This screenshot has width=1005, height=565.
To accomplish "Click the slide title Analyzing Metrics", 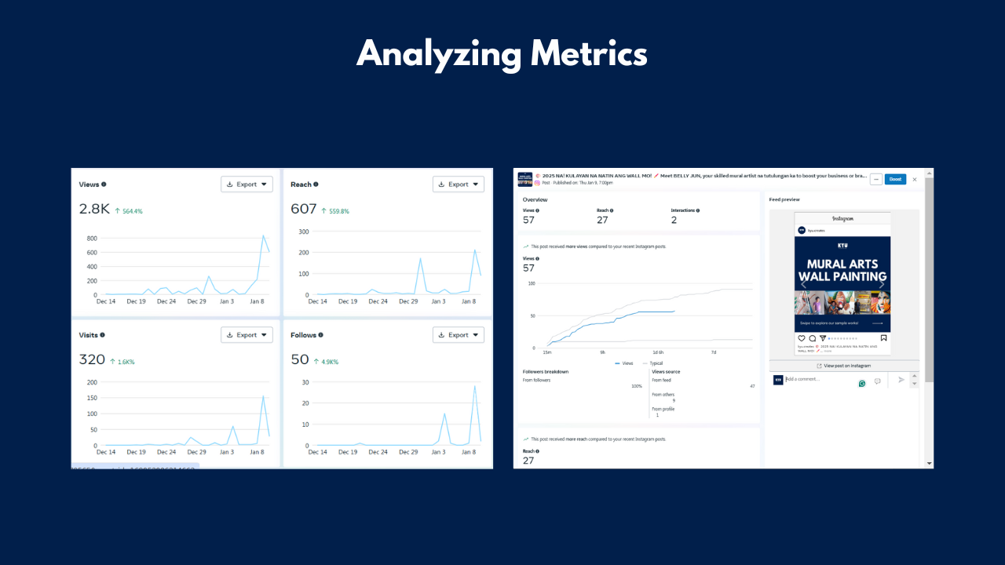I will coord(502,55).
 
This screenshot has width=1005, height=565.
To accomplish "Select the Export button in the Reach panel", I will coord(459,184).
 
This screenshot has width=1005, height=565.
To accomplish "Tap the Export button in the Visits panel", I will coord(247,335).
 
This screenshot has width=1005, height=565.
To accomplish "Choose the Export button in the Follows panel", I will coord(459,335).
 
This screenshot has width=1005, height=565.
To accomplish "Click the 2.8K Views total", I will coord(94,209).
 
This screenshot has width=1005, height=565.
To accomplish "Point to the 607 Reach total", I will coord(303,209).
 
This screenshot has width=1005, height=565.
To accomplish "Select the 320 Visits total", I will coord(92,359).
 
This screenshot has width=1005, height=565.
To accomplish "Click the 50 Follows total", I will coord(299,359).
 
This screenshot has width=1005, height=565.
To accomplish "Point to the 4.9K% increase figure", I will coord(330,362).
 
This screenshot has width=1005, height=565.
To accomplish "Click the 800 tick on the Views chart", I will coord(92,238).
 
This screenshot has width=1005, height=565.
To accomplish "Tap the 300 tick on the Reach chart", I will coord(303,232).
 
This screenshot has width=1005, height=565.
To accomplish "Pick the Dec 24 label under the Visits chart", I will coord(166,452).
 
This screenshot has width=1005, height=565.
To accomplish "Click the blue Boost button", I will coord(895,179).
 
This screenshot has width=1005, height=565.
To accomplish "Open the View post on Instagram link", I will coord(844,366).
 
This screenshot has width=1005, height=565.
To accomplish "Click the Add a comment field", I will coord(817,380).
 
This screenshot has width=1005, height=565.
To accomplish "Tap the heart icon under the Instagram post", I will coord(802,338).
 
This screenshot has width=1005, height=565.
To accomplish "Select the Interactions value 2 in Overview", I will coord(674,221).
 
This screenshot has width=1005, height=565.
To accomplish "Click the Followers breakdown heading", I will coord(546,371).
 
